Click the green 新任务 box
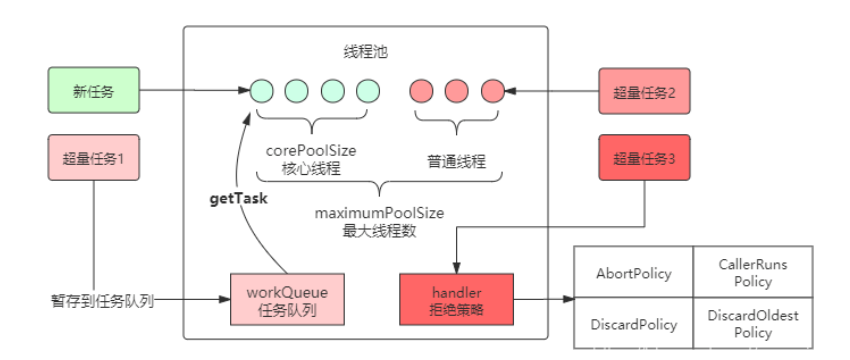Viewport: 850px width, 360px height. tap(92, 92)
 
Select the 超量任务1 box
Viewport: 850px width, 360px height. tap(92, 158)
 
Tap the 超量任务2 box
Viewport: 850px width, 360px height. tap(644, 92)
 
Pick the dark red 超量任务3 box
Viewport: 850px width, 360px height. tap(644, 158)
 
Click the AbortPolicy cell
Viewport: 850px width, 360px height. tap(633, 273)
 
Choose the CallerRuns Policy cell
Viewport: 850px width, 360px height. tap(753, 273)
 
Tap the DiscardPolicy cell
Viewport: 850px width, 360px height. tap(633, 324)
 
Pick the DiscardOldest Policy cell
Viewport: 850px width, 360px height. tap(753, 324)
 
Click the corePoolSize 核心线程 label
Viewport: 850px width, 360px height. tap(311, 159)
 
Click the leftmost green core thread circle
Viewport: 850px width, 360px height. tap(260, 91)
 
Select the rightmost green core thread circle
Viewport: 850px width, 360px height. tap(368, 91)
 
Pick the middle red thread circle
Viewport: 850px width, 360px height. tap(456, 91)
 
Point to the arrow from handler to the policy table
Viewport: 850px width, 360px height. tap(544, 298)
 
